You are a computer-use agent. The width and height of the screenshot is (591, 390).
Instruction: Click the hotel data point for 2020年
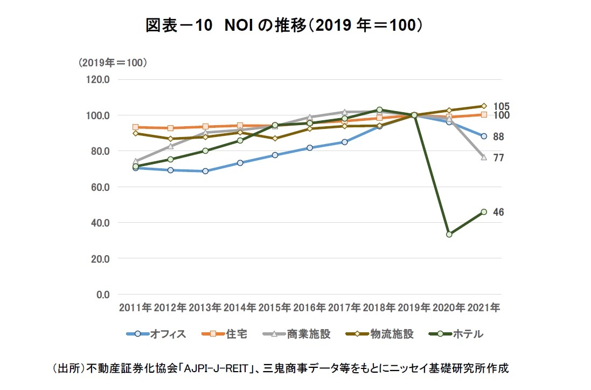pos(449,234)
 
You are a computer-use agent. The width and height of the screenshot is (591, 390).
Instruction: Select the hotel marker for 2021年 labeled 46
pos(484,212)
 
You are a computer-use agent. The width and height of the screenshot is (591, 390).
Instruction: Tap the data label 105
pos(501,106)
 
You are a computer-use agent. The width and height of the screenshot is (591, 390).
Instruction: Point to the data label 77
pos(498,158)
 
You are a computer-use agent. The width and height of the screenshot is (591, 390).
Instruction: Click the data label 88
pos(498,137)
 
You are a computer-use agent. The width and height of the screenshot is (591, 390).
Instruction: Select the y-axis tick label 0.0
pos(103,295)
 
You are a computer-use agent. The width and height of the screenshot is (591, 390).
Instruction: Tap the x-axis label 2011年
pos(135,307)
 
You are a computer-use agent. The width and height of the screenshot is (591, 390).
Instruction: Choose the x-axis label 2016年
pos(309,307)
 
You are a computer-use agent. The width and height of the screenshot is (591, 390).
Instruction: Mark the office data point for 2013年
pos(205,171)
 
